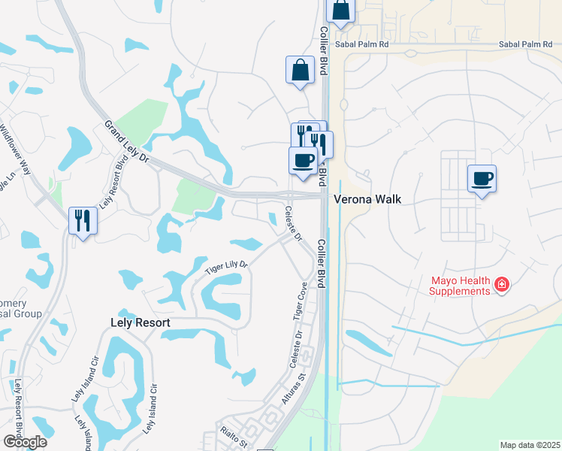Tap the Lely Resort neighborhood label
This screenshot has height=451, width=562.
(136, 322)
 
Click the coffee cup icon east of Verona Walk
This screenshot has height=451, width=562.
(482, 179)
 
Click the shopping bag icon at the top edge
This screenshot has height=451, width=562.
(340, 11)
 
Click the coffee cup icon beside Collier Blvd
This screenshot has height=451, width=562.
(303, 161)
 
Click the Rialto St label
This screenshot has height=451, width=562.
(234, 438)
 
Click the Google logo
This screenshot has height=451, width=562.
(24, 442)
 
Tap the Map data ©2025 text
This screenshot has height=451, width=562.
(530, 445)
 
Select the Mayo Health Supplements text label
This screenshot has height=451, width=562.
(460, 286)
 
